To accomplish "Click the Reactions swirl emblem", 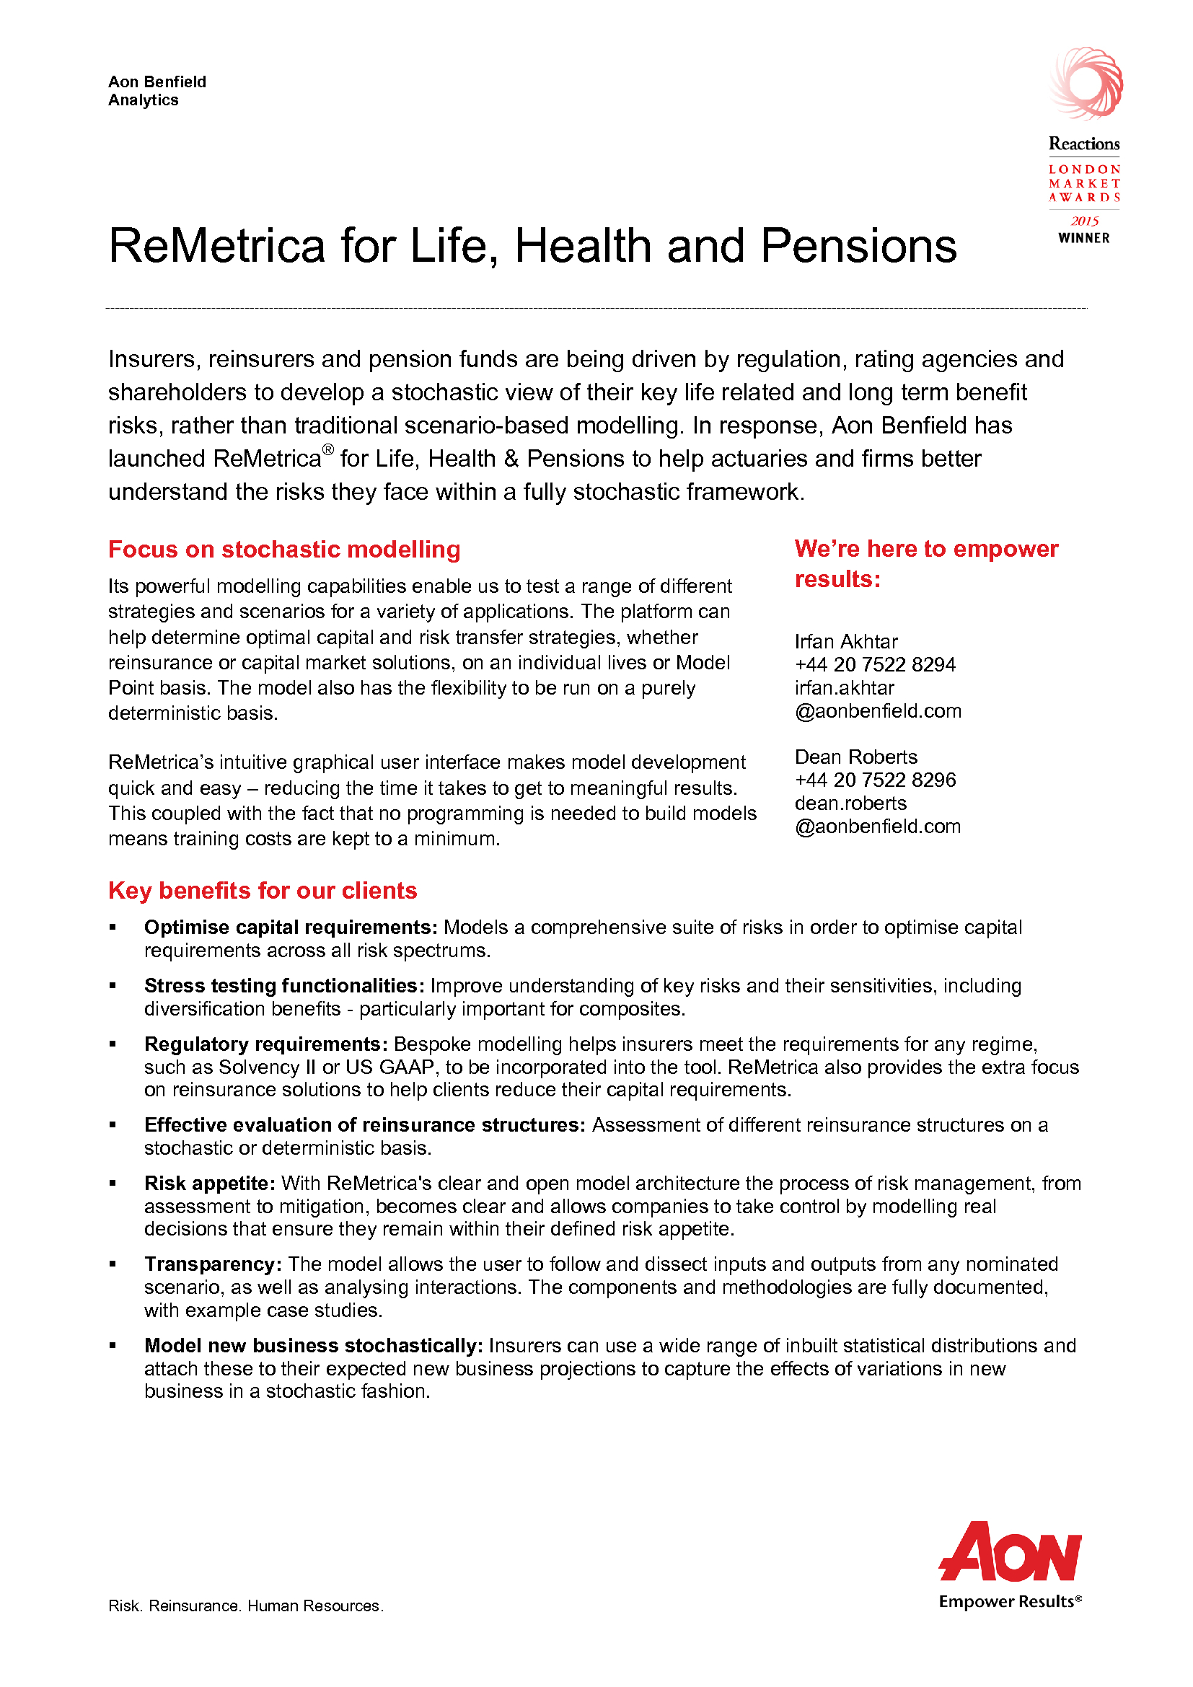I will pos(1086,84).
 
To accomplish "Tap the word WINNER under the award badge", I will pos(1083,238).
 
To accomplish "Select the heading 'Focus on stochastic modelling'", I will pos(284,549).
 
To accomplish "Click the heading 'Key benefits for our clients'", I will pos(263,890).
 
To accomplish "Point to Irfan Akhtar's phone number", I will pos(875,664).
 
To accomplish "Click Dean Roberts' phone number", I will pos(875,780).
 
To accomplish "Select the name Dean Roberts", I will pos(856,757).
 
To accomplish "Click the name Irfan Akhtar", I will pos(845,641).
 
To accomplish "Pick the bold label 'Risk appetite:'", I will pos(209,1183).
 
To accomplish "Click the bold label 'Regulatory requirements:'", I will pos(266,1044).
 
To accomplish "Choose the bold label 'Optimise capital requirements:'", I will pos(291,928).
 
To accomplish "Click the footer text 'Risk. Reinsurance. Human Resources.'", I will pos(245,1605).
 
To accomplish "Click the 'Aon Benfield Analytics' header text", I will pos(157,90).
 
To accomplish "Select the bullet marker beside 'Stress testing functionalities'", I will pos(113,986).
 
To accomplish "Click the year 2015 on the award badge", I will pos(1084,221).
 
